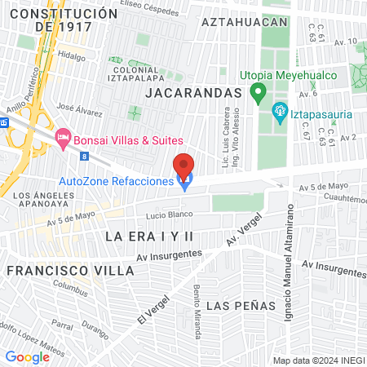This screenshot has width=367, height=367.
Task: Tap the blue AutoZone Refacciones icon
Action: point(184,182)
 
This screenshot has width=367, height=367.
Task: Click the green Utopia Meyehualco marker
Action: point(258,91)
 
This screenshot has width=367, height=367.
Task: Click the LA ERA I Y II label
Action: point(149,236)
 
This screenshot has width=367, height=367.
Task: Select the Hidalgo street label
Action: point(72,57)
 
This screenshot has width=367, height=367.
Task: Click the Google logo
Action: point(27,356)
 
